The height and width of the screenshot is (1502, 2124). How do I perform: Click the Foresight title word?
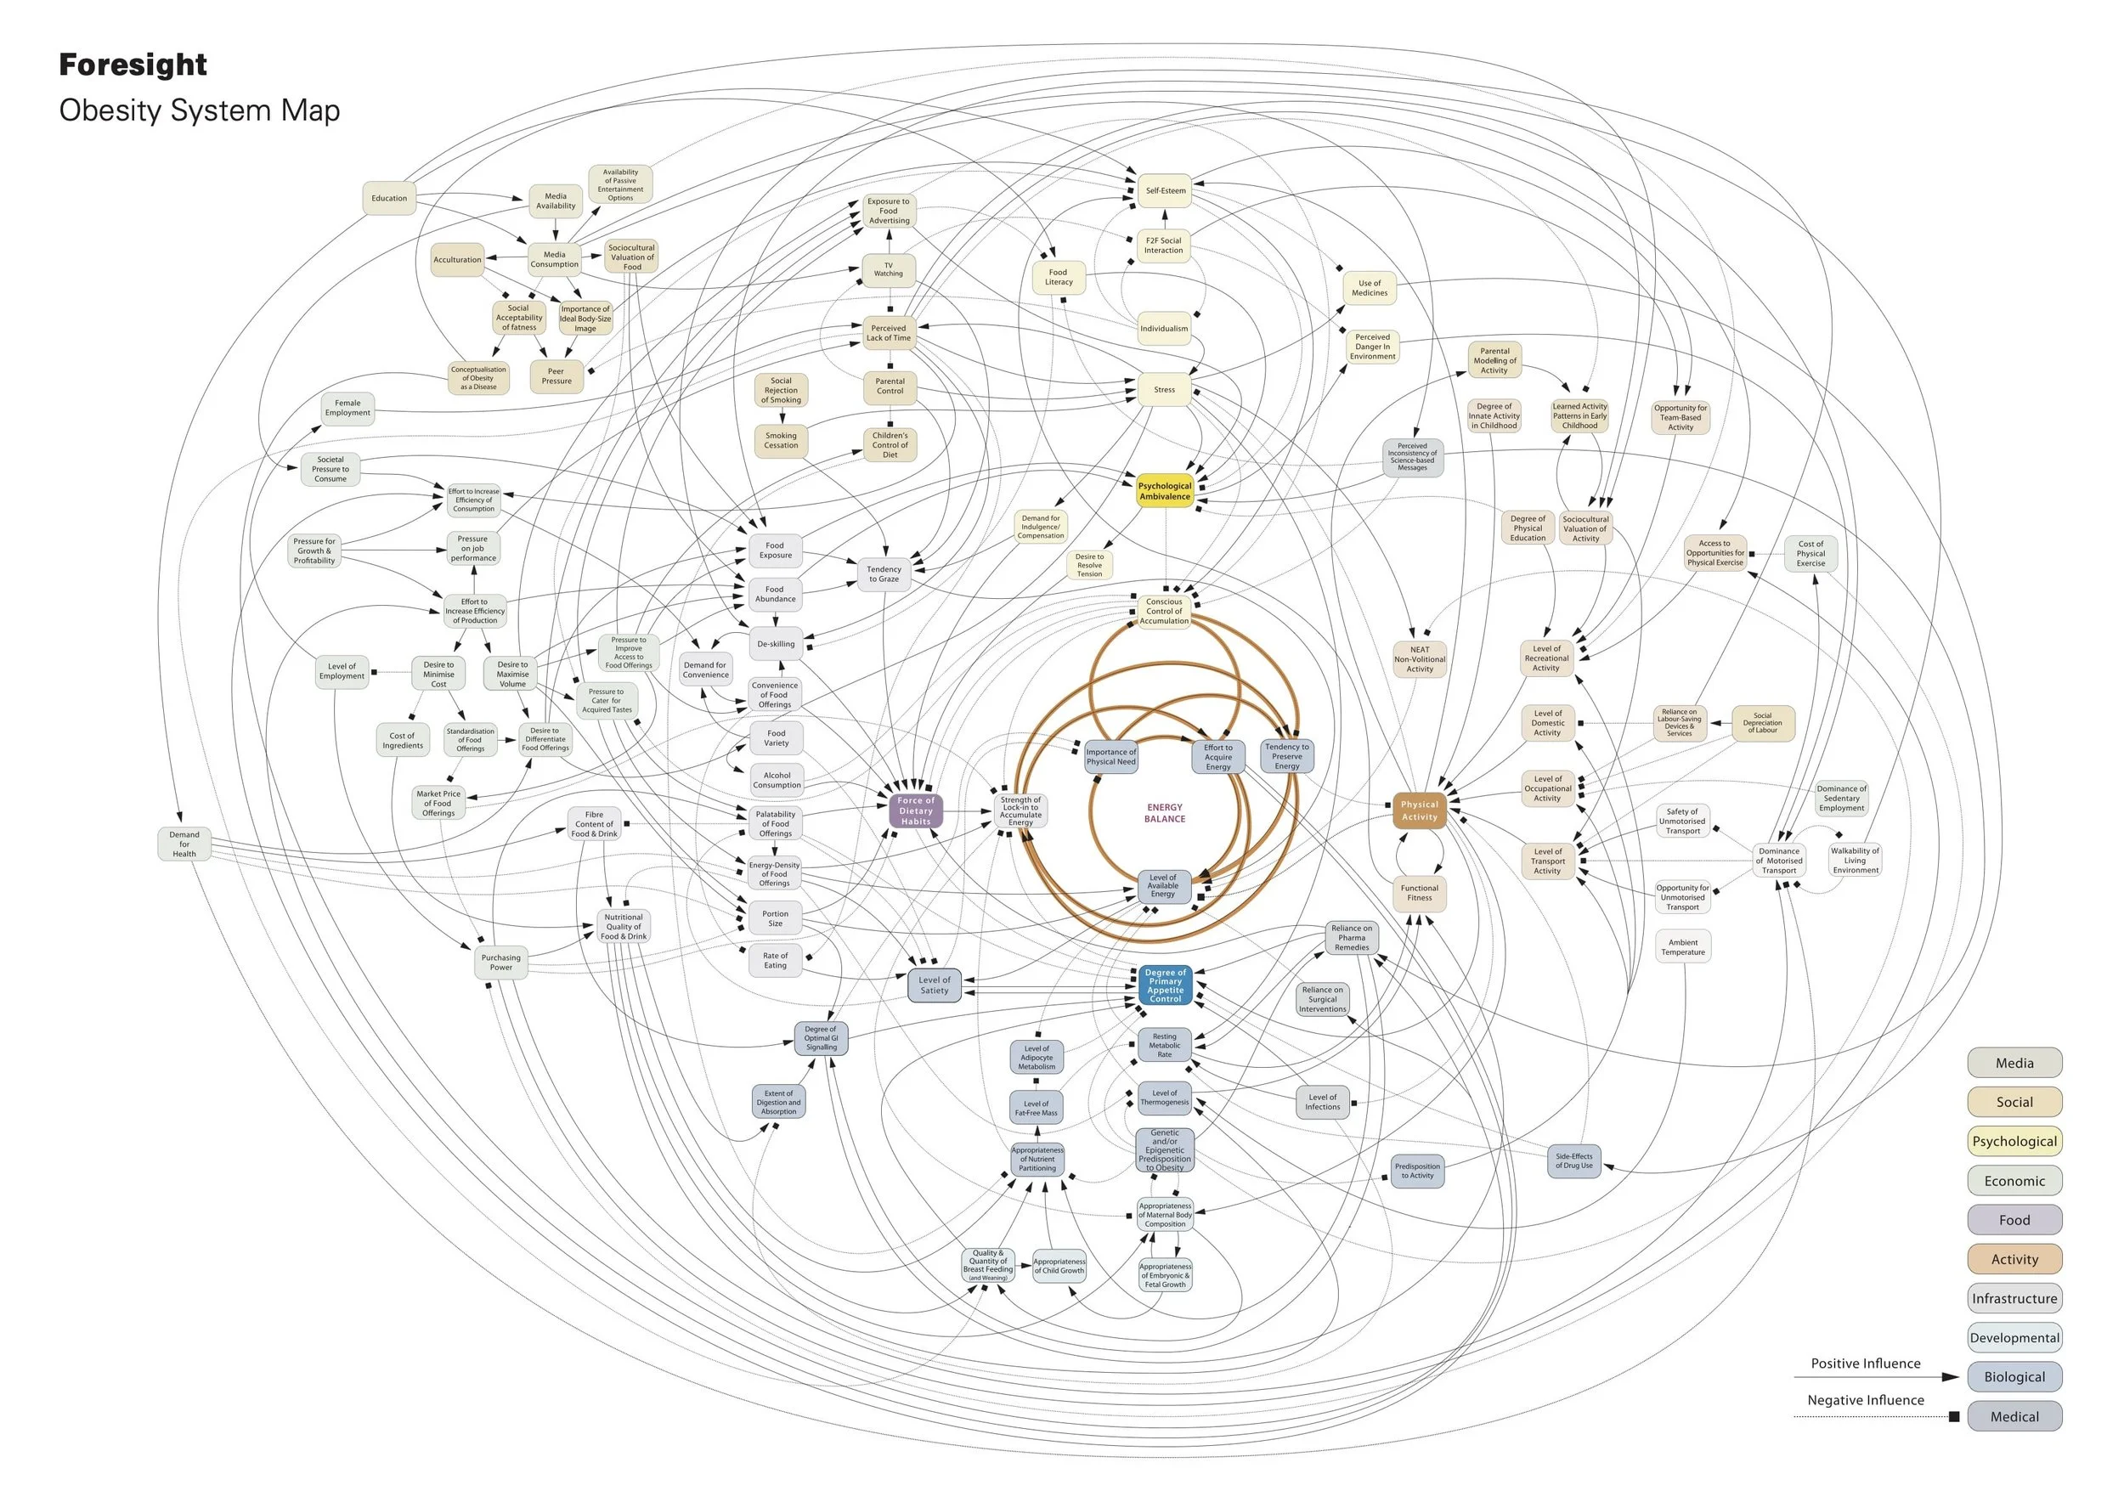(x=133, y=65)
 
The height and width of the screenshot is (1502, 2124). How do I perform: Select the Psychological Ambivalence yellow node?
(x=1165, y=491)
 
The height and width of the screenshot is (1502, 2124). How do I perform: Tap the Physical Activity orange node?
(x=1419, y=810)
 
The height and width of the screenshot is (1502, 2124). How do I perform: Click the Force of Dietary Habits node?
(x=916, y=811)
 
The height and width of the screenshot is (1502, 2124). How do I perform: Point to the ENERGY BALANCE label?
(x=1165, y=813)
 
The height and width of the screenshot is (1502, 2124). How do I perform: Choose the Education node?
(x=388, y=198)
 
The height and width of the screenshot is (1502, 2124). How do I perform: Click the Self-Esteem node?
(x=1165, y=190)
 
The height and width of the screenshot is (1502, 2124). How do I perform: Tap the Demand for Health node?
(x=184, y=844)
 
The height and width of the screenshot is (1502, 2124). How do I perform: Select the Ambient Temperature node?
(x=1683, y=947)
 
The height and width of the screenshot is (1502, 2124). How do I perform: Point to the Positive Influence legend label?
(x=1865, y=1364)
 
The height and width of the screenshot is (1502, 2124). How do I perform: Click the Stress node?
(x=1164, y=389)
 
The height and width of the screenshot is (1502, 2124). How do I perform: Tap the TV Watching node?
(x=888, y=270)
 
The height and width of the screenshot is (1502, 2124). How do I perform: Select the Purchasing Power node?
(x=500, y=963)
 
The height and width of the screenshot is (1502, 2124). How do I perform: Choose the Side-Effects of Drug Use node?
(x=1573, y=1160)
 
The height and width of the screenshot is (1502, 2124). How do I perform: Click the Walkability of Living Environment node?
(x=1855, y=860)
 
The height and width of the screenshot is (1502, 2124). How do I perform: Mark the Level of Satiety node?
(x=935, y=985)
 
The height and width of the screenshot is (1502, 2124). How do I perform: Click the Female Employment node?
(x=347, y=408)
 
